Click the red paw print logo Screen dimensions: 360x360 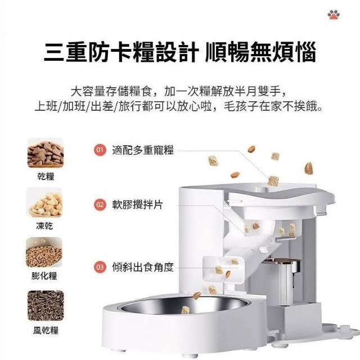[x=334, y=15]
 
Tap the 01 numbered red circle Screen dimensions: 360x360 [x=100, y=150]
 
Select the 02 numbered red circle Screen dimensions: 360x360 [x=100, y=205]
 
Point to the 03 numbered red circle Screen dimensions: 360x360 [x=100, y=267]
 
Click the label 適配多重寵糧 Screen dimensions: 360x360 [x=143, y=150]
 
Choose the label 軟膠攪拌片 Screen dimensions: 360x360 [x=137, y=205]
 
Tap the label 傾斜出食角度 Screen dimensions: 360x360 [x=143, y=267]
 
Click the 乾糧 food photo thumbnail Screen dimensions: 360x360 [x=46, y=152]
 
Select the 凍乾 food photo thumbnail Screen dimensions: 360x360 [x=44, y=202]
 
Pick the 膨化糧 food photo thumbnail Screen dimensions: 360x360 [x=44, y=253]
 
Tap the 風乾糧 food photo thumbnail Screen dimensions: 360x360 [x=46, y=305]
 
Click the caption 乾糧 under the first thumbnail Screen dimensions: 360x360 [x=46, y=176]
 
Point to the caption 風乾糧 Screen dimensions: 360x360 [x=46, y=330]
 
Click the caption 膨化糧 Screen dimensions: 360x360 [x=44, y=276]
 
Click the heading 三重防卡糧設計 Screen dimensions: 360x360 [x=121, y=52]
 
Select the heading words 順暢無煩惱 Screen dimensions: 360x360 [x=261, y=52]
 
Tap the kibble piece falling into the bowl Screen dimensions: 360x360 [x=184, y=310]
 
